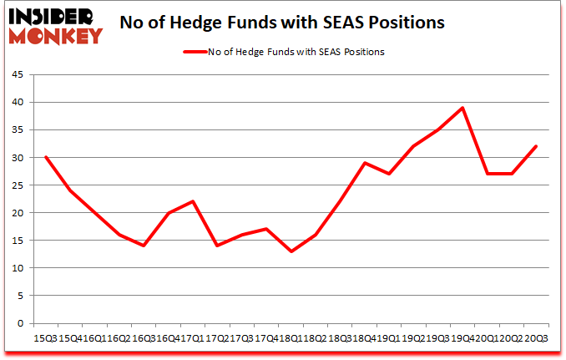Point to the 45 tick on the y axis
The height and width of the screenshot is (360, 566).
click(x=18, y=74)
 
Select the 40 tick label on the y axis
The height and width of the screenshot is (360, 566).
click(x=18, y=102)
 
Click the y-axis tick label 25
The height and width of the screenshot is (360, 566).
click(x=18, y=185)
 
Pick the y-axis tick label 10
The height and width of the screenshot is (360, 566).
click(x=18, y=268)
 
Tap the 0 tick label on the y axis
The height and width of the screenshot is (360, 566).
click(x=20, y=323)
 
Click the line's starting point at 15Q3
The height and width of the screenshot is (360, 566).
click(x=45, y=157)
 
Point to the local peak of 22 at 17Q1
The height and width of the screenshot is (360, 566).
click(x=193, y=201)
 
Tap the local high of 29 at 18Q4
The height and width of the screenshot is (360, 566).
click(x=364, y=163)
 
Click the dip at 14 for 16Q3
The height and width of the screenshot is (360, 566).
click(x=144, y=246)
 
